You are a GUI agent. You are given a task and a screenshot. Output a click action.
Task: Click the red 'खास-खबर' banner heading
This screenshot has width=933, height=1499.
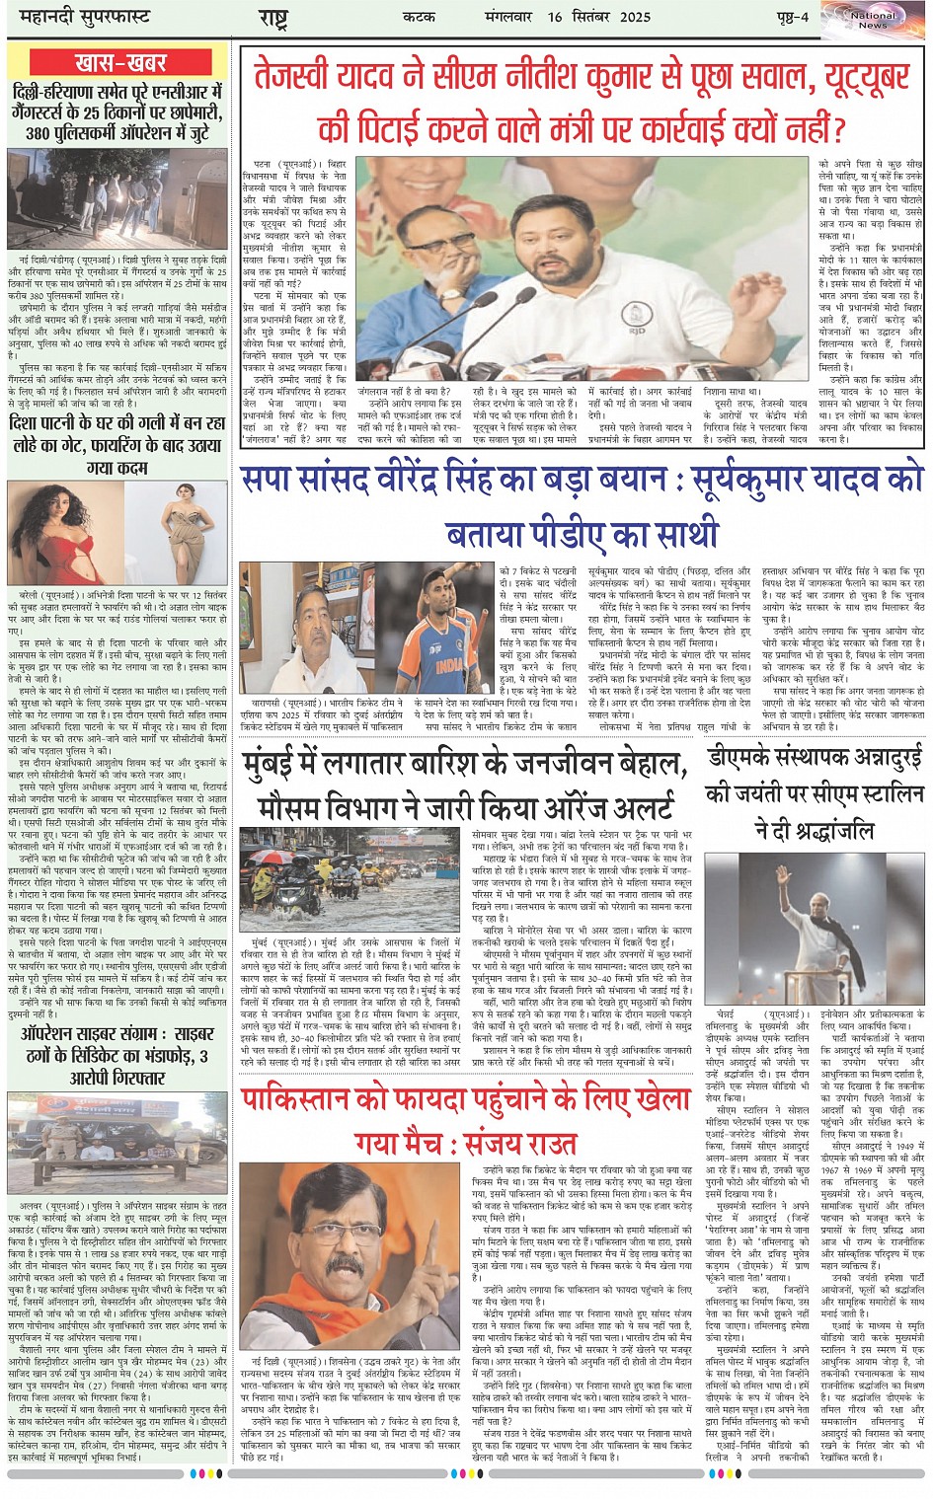coord(121,62)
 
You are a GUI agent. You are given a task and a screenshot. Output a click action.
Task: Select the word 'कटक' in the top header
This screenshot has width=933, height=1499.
coord(419,17)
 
